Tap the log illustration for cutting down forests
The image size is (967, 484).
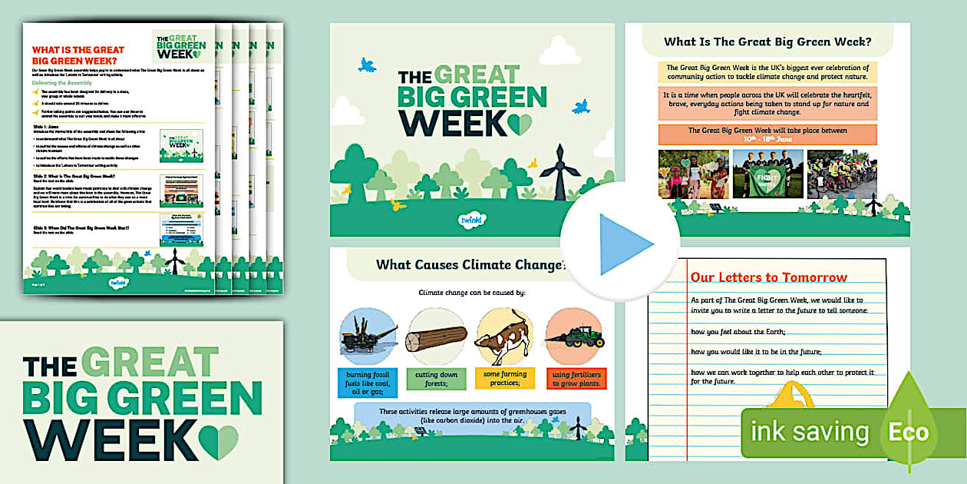pos(436,337)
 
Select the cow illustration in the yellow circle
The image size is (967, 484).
pos(504,336)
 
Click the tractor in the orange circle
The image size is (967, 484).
pos(575,336)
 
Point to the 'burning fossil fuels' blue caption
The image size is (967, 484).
pos(368,382)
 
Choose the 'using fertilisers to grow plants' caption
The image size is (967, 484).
pos(576,379)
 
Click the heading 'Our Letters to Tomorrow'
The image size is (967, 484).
pos(768,277)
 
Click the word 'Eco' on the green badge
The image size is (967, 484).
pos(908,432)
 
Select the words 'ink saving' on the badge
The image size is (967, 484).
pos(810,432)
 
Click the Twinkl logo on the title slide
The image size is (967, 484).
pos(471,218)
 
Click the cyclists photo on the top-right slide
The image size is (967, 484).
pos(843,174)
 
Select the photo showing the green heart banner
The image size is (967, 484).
pos(767,174)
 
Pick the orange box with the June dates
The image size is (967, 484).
pos(767,134)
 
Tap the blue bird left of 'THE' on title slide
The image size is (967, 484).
pos(368,66)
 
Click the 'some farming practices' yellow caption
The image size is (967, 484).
pos(504,379)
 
